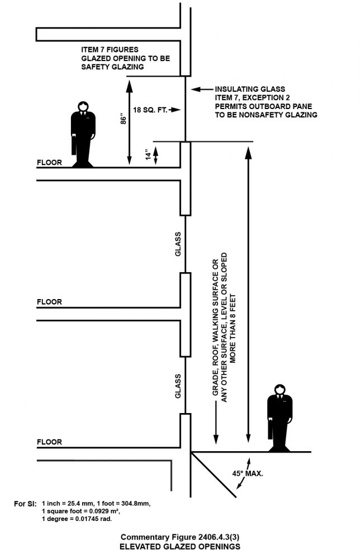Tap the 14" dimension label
pyautogui.click(x=148, y=154)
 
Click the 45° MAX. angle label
pyautogui.click(x=248, y=473)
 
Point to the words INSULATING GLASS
pyautogui.click(x=250, y=89)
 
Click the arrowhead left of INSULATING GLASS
pyautogui.click(x=195, y=89)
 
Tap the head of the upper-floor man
pyautogui.click(x=83, y=106)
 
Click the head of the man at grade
pyautogui.click(x=280, y=389)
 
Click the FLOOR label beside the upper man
pyautogui.click(x=49, y=163)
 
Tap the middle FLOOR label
pyautogui.click(x=49, y=302)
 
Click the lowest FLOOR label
pyautogui.click(x=49, y=442)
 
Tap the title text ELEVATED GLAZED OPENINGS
pyautogui.click(x=181, y=547)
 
